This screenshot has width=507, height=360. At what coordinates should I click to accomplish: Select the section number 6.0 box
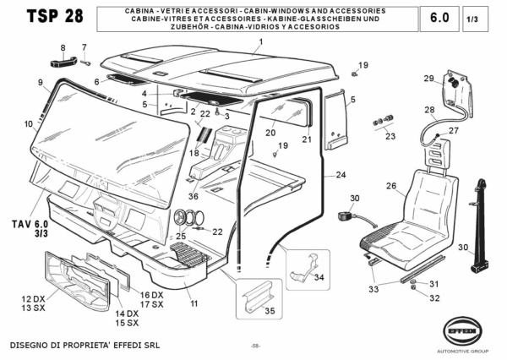pyautogui.click(x=439, y=18)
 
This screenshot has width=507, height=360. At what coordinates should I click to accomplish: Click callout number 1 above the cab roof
pyautogui.click(x=261, y=41)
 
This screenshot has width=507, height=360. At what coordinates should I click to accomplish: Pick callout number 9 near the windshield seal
pyautogui.click(x=40, y=82)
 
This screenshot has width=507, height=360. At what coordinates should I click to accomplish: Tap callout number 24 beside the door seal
pyautogui.click(x=341, y=175)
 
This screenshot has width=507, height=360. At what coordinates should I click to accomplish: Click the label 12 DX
pyautogui.click(x=33, y=299)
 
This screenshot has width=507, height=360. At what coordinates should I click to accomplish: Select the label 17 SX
pyautogui.click(x=152, y=303)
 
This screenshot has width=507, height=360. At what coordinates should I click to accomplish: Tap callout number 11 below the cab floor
pyautogui.click(x=194, y=303)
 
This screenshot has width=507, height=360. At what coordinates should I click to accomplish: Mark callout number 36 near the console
pyautogui.click(x=194, y=196)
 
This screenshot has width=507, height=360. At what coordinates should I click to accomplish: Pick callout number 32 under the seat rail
pyautogui.click(x=434, y=298)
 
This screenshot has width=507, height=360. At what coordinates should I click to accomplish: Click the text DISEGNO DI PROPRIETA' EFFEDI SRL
pyautogui.click(x=84, y=346)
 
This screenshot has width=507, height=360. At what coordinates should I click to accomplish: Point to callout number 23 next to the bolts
pyautogui.click(x=390, y=135)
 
